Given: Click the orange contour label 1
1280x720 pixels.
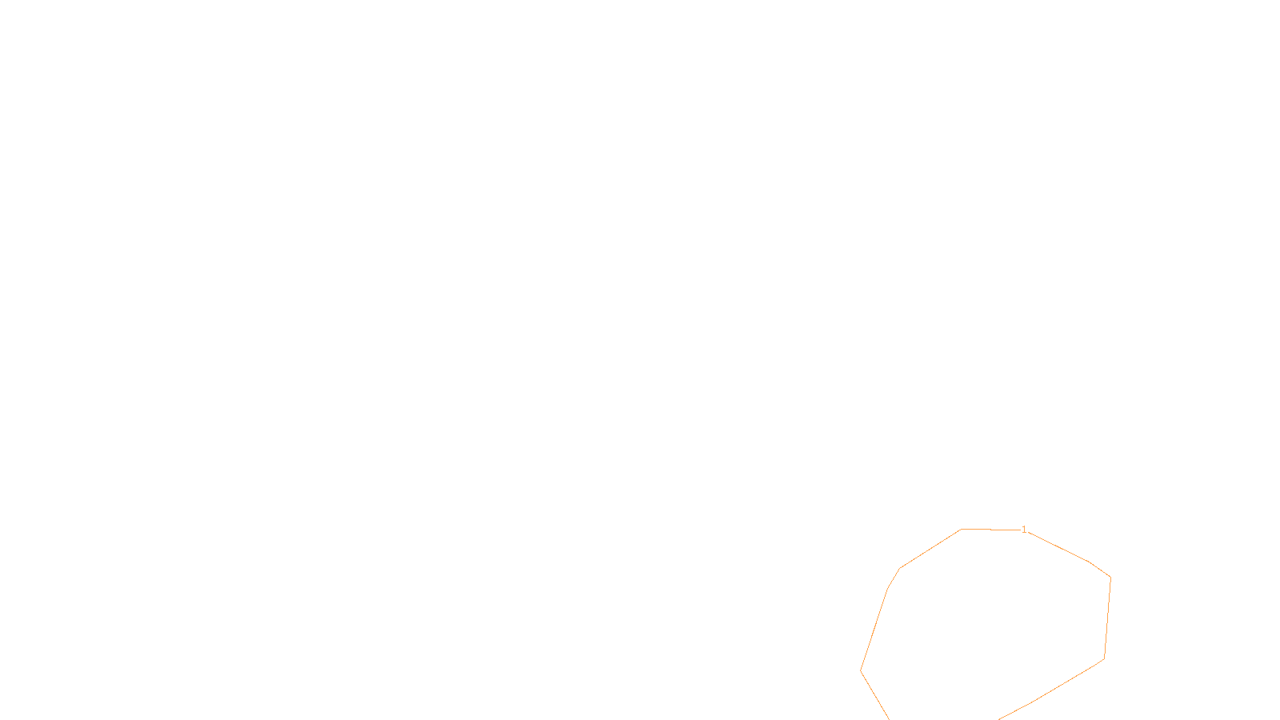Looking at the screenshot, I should [1024, 530].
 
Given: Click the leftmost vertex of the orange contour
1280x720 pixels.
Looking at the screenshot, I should [861, 670].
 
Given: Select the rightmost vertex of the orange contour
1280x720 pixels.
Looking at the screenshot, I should [1110, 578].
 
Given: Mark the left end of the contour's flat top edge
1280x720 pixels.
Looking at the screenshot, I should [962, 529].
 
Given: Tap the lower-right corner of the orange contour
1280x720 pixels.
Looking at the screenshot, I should [1104, 659].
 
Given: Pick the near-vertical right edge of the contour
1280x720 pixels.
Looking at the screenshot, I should [1107, 618].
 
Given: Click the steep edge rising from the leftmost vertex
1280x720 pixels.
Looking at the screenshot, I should [874, 630].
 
